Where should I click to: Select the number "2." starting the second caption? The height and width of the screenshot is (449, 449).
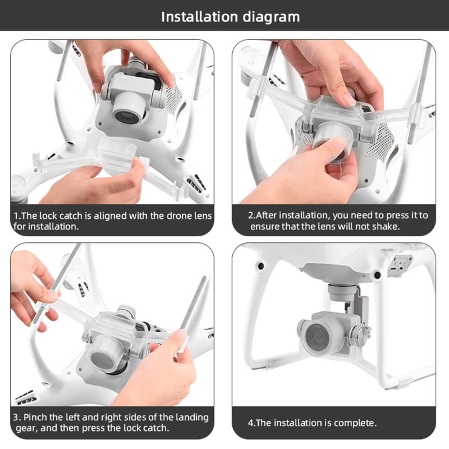coord(252,216)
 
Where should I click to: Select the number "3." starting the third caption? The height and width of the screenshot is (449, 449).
coord(17,418)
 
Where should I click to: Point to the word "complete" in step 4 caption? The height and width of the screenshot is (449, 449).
coord(355,423)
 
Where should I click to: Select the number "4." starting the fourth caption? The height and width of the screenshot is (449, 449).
coord(252,423)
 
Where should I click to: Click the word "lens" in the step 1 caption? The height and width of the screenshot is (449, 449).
coord(201,216)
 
